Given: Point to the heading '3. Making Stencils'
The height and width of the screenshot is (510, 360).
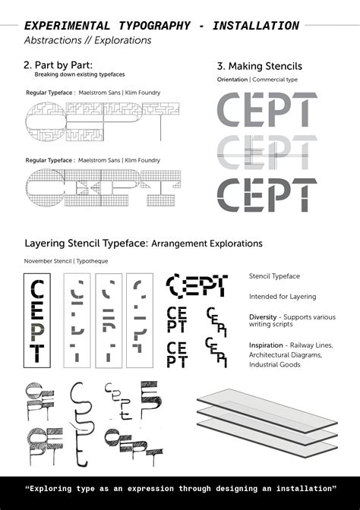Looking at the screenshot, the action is tap(259, 67).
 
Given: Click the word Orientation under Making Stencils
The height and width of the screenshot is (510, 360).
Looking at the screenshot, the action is tap(232, 79).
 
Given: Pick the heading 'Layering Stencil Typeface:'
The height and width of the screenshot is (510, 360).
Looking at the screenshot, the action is tap(85, 244).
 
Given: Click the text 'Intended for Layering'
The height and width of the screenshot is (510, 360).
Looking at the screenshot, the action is tap(283, 297).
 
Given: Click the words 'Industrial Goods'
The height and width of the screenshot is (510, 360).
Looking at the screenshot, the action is tap(276, 364).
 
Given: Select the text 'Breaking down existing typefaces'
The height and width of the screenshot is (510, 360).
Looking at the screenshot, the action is tap(80, 75).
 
